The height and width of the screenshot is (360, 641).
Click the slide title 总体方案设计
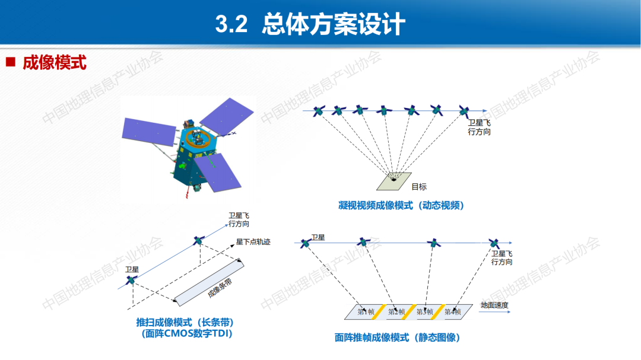334,25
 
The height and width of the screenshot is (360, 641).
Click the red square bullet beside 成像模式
10,62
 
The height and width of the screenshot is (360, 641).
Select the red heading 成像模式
55,62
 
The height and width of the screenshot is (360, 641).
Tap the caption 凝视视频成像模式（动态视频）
401,205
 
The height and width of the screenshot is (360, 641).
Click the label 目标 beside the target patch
419,186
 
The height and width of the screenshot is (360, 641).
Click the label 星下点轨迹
253,242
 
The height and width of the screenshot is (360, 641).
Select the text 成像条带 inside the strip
220,286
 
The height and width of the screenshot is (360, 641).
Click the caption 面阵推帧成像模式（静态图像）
398,337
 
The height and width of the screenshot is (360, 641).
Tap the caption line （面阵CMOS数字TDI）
186,333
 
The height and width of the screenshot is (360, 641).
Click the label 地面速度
494,305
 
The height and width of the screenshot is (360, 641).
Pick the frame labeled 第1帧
366,311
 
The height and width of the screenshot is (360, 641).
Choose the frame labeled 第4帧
452,311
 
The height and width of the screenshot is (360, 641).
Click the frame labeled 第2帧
396,311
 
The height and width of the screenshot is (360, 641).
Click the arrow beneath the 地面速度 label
494,314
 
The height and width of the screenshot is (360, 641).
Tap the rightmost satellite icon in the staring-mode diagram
464,110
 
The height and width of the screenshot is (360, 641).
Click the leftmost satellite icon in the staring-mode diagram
319,110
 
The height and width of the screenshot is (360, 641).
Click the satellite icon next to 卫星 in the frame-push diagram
305,243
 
